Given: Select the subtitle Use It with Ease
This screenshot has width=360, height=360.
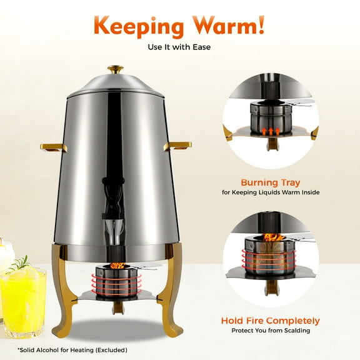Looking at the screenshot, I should click(179, 47).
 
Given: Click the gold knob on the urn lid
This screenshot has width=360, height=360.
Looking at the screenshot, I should click(115, 69).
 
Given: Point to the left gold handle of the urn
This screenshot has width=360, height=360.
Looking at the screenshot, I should click(54, 147).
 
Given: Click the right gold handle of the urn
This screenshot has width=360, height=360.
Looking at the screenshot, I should click(178, 146).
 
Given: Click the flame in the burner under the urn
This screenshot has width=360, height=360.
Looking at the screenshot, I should click(116, 265).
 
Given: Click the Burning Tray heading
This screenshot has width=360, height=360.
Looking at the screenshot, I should click(271, 183).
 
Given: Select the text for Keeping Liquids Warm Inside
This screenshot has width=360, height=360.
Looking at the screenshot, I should click(271, 193).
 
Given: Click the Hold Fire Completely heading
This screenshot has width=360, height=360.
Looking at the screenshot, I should click(271, 321).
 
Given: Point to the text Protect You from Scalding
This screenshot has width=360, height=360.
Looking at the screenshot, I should click(271, 331).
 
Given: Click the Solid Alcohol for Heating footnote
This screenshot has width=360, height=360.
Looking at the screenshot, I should click(72, 349).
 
